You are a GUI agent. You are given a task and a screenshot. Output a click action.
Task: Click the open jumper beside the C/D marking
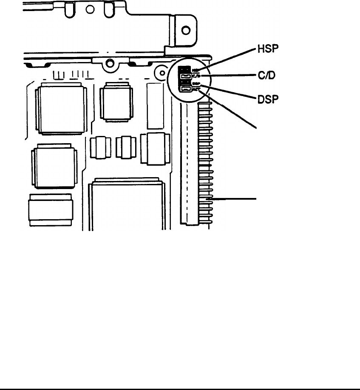click(x=185, y=76)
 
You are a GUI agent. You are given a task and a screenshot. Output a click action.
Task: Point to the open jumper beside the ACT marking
click(x=185, y=90)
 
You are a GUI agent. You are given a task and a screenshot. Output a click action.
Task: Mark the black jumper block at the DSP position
click(x=184, y=83)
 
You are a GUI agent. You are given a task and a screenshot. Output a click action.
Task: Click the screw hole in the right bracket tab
click(x=185, y=31)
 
